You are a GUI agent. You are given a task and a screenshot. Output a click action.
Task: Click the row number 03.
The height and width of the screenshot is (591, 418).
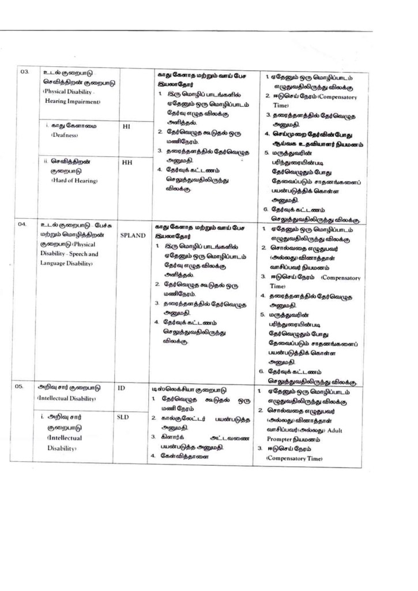click(25, 72)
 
